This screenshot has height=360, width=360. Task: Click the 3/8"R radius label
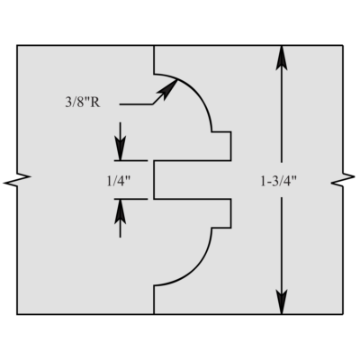click(83, 103)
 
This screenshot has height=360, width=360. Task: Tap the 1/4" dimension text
click(119, 181)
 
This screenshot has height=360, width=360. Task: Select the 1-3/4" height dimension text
click(278, 181)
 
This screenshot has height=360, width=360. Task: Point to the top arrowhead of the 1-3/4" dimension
click(282, 58)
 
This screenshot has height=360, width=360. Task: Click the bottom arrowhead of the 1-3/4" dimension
click(282, 301)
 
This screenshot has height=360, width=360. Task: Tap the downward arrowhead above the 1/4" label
click(121, 148)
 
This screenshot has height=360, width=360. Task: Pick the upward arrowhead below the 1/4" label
click(121, 211)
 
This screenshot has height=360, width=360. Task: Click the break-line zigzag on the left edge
click(17, 180)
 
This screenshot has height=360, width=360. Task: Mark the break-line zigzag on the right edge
click(343, 180)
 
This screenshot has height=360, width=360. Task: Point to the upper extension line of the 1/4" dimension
click(130, 161)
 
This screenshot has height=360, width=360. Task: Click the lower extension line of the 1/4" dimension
click(130, 199)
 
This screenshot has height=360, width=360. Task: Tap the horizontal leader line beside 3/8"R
click(136, 104)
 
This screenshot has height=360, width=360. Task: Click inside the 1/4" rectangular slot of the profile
click(192, 180)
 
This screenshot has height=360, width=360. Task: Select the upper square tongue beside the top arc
click(221, 146)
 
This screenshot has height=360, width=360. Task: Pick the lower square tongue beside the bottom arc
click(221, 213)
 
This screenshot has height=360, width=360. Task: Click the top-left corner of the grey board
click(17, 45)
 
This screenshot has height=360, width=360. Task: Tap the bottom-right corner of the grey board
click(343, 314)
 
